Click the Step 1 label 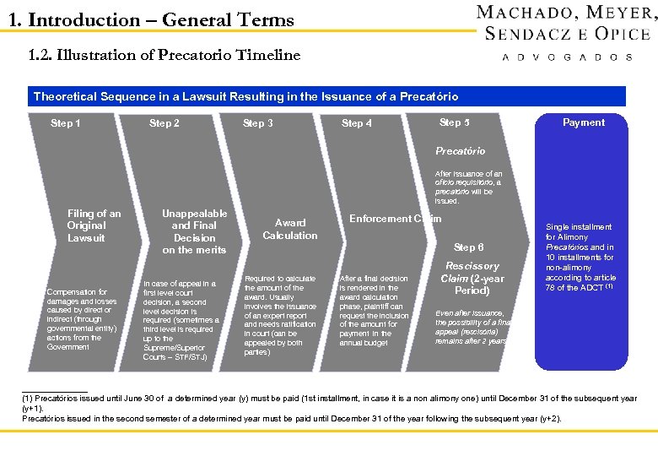tap(66, 123)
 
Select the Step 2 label tap(164, 123)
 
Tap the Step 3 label tap(258, 123)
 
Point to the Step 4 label tap(357, 123)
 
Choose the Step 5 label tap(455, 122)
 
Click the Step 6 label tap(469, 247)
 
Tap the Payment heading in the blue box tap(584, 122)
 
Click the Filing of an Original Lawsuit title tap(94, 225)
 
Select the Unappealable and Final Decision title tap(194, 231)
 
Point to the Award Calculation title tap(289, 229)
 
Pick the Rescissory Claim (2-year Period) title tap(472, 278)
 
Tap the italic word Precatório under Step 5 tap(460, 151)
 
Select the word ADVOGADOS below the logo tap(566, 57)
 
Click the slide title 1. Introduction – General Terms tap(151, 19)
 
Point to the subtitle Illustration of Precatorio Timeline tap(164, 56)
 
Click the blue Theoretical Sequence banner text tap(245, 97)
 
